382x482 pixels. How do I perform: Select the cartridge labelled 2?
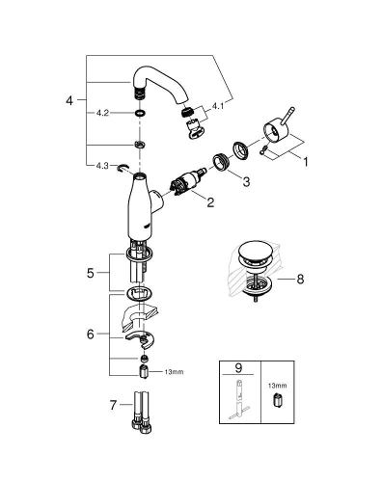[185, 182]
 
